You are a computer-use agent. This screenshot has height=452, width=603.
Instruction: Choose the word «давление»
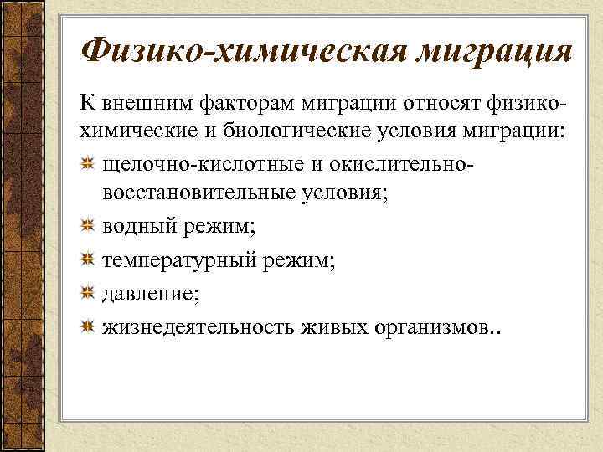[x=147, y=294]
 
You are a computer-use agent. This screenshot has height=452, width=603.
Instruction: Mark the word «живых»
[x=333, y=326]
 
